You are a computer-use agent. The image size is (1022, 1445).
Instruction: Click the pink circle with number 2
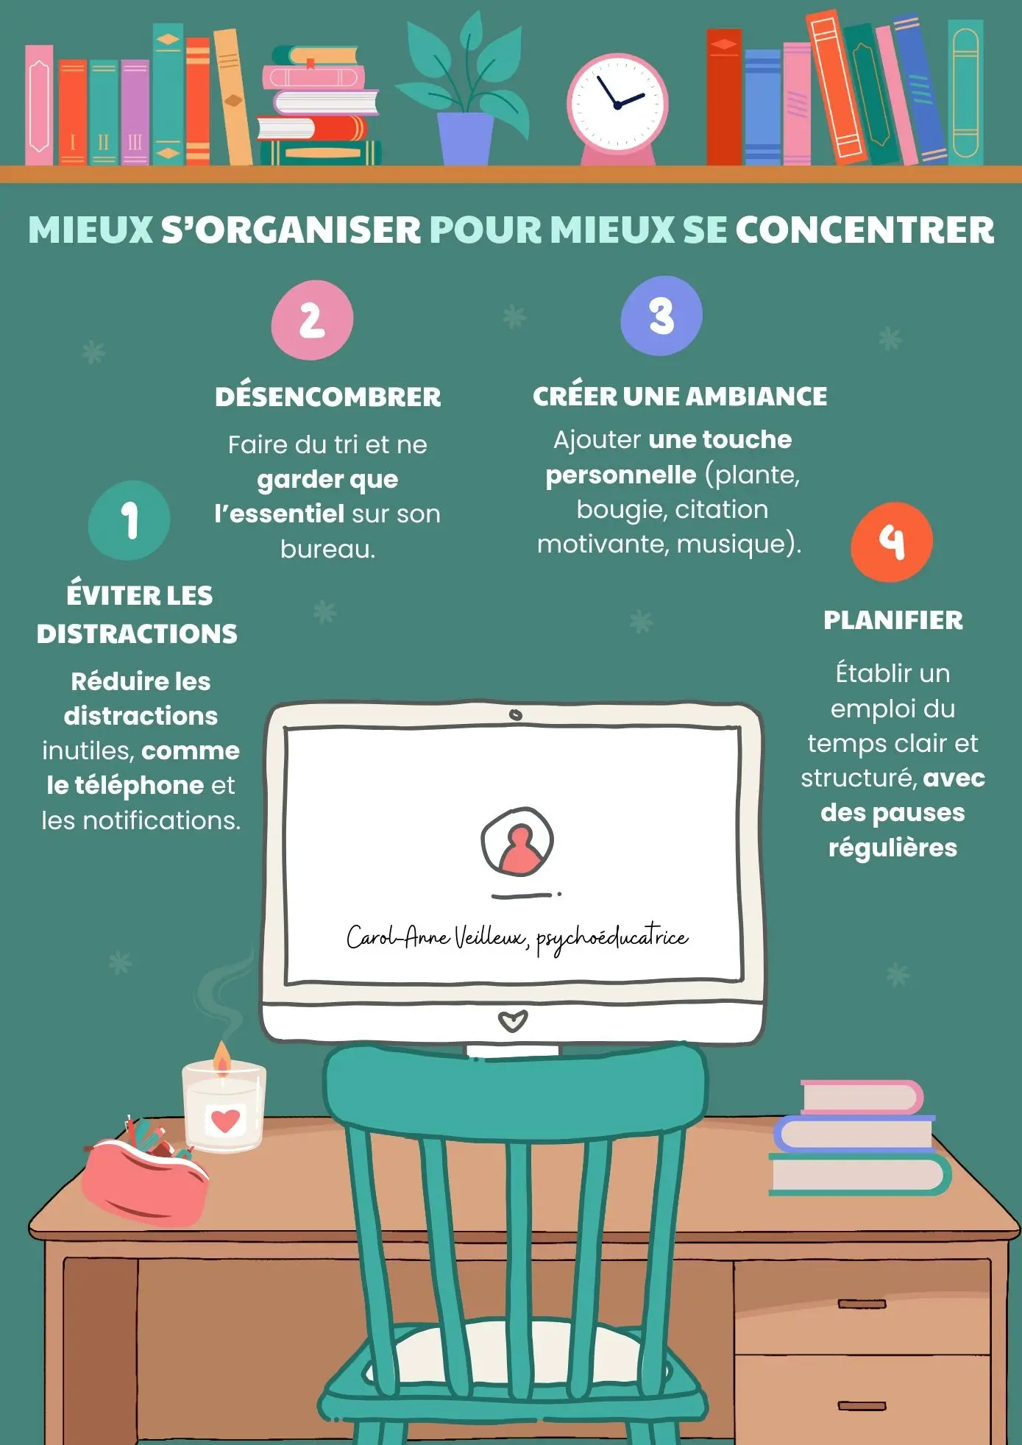[312, 320]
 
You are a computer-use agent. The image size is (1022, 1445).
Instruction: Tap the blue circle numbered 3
[661, 316]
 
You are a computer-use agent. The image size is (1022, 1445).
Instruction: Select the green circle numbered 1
[129, 520]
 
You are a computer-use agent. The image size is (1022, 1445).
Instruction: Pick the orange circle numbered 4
[892, 542]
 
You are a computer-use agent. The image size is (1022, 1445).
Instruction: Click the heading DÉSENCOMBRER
[328, 397]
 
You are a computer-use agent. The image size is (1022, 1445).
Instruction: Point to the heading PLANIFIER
[893, 620]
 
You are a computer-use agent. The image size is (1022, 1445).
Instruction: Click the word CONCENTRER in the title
[865, 230]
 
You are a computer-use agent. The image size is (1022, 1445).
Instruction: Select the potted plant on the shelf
[464, 88]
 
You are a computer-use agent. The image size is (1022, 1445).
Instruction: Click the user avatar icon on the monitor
[517, 842]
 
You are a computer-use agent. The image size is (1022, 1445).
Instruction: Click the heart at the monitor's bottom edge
[513, 1021]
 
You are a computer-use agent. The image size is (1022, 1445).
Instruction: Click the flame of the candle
[222, 1058]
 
